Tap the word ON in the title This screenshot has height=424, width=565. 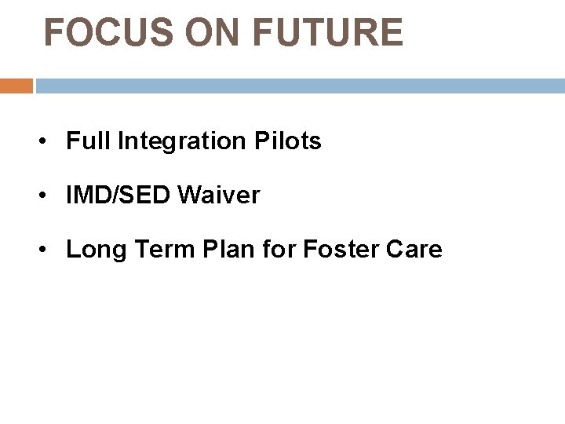207,33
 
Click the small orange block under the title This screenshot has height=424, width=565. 16,86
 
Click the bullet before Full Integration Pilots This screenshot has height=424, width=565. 49,142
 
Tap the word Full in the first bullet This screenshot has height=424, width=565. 89,141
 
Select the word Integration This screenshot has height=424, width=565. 182,142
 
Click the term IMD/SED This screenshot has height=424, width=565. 118,196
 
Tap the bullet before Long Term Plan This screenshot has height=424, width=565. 49,250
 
